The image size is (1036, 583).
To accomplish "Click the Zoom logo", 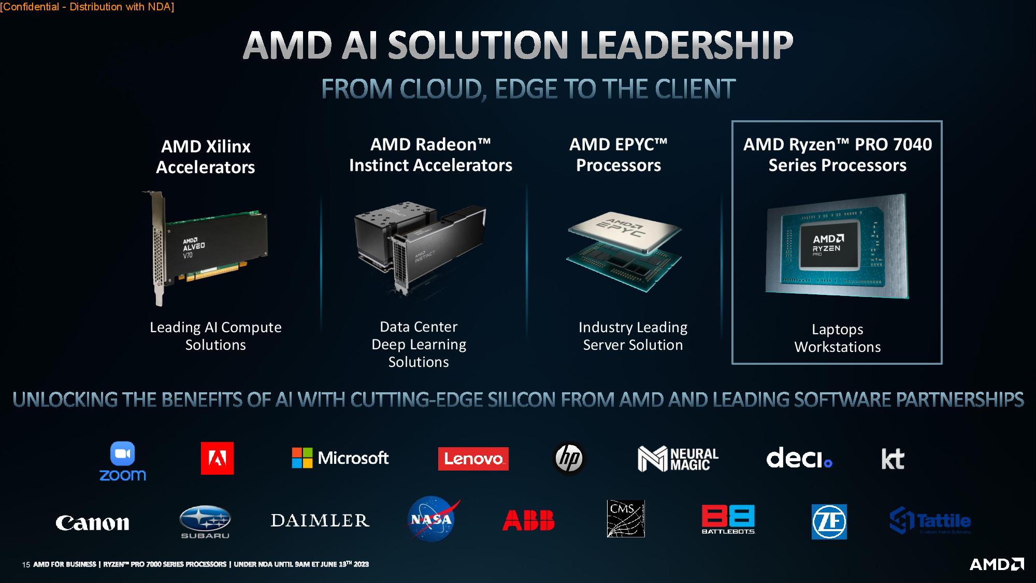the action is click(x=123, y=461).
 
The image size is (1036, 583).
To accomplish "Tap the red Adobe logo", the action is click(x=217, y=458).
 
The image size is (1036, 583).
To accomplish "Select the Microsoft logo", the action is click(x=340, y=458).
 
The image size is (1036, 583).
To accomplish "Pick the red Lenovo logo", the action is click(x=473, y=459).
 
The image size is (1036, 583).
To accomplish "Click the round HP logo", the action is click(x=569, y=458).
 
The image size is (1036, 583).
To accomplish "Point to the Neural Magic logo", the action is click(x=678, y=459).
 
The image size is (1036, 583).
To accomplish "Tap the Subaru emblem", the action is click(x=205, y=521).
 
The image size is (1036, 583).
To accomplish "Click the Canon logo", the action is click(x=92, y=523).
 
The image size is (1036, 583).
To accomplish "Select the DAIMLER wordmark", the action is click(x=320, y=520).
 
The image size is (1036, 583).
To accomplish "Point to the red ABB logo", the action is click(x=528, y=521).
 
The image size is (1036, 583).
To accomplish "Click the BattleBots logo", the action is click(x=728, y=519).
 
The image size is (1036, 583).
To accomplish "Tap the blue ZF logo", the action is click(x=829, y=522).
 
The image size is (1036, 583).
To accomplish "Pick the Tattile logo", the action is click(x=930, y=521).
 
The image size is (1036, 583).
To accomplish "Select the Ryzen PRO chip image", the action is click(x=837, y=247).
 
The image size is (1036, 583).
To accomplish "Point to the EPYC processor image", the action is click(x=624, y=251).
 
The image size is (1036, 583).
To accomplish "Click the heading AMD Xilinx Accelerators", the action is click(x=206, y=157).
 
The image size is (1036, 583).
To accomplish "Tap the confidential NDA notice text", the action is click(x=87, y=7).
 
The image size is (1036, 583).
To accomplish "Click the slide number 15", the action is click(x=26, y=565).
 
